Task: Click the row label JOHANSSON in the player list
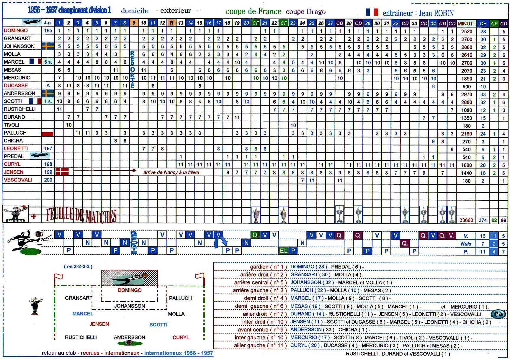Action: click(x=19, y=46)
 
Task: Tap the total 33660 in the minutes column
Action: click(x=466, y=220)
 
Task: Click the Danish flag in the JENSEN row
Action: click(x=62, y=172)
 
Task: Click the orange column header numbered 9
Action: click(x=134, y=23)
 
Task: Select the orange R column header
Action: click(x=171, y=23)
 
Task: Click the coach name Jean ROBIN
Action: click(x=436, y=13)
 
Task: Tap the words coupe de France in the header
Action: click(x=253, y=12)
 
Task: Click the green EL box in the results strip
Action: click(x=283, y=251)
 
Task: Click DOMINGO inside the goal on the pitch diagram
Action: click(x=130, y=290)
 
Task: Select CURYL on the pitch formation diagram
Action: click(x=181, y=337)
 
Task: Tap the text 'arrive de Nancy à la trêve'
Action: click(x=171, y=172)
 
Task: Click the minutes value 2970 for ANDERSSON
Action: click(x=467, y=94)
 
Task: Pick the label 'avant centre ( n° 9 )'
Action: click(x=262, y=330)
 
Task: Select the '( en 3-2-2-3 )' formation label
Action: click(x=78, y=266)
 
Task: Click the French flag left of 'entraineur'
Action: click(x=372, y=12)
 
